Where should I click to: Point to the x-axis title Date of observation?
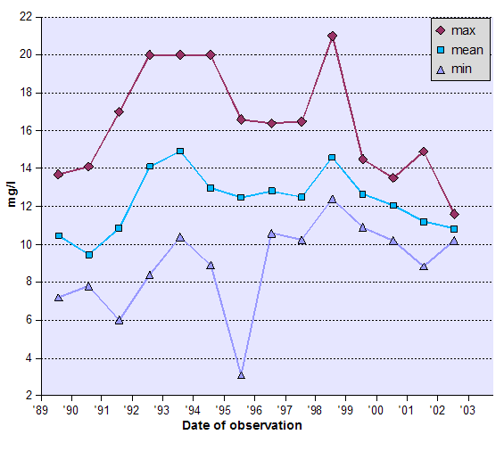(x=242, y=425)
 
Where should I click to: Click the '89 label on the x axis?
(x=40, y=410)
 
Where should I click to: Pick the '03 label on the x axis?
(x=467, y=410)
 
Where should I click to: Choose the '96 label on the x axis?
(x=253, y=410)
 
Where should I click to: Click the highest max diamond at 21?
(x=332, y=36)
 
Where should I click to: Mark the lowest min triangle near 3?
(x=241, y=375)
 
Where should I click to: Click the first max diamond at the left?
(x=58, y=175)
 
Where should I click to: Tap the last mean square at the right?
(x=454, y=229)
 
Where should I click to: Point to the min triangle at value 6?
(x=119, y=319)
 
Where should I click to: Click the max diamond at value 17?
(x=119, y=111)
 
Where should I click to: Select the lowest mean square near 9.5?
(x=88, y=255)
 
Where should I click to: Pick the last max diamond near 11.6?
(x=454, y=214)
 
